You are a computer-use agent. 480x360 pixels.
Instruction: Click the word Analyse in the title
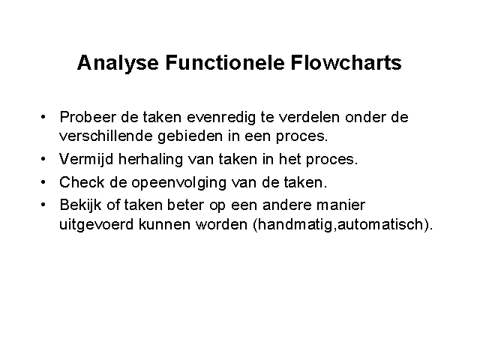click(118, 64)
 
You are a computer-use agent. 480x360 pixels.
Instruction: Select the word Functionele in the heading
click(225, 62)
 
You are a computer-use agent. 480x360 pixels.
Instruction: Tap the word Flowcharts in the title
click(346, 62)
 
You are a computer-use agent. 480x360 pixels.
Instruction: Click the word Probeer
click(88, 117)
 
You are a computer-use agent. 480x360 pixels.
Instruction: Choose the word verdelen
click(309, 117)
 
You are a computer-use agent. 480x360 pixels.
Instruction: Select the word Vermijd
click(86, 160)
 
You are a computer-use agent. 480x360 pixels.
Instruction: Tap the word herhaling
click(150, 160)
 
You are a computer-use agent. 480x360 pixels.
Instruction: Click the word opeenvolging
click(179, 183)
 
